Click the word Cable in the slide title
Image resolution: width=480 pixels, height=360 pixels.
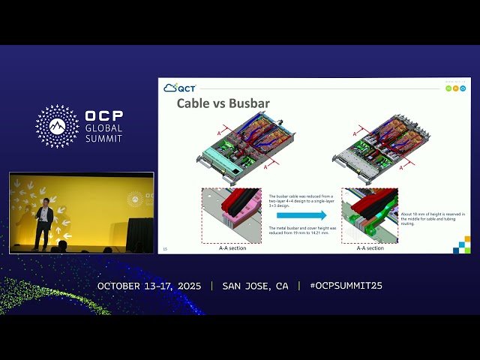pos(192,103)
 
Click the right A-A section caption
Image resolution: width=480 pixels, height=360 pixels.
pos(370,248)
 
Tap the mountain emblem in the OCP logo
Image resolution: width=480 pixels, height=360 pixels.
pos(57,126)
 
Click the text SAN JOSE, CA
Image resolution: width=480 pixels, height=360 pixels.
pos(255,286)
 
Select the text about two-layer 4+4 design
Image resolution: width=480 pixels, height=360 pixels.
pos(299,200)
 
